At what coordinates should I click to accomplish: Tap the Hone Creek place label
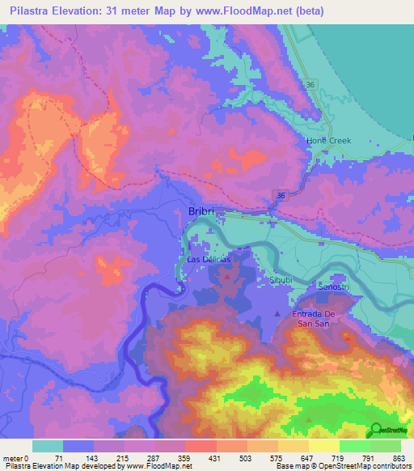coord(328,141)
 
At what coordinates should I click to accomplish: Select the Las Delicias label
coord(209,260)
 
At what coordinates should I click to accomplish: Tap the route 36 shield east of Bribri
coord(279,196)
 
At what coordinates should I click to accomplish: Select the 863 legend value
coord(399,458)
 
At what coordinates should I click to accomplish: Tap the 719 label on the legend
coord(339,458)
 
